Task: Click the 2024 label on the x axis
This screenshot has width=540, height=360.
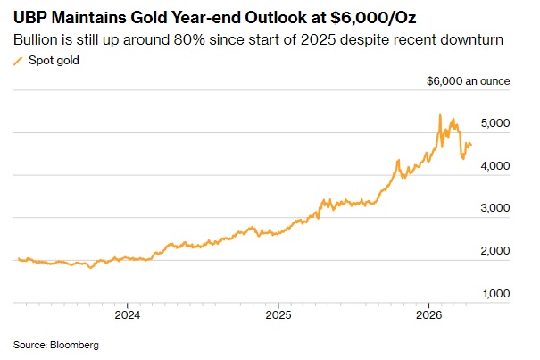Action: coord(127,315)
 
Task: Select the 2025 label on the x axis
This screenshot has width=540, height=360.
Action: coord(278,315)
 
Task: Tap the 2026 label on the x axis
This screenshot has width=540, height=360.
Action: coord(430,315)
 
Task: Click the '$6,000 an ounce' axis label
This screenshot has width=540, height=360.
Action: coord(469,80)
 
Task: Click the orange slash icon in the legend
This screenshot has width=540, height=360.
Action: coord(18,61)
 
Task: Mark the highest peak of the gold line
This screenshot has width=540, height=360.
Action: coord(440,115)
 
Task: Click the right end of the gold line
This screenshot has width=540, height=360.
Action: coord(472,145)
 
